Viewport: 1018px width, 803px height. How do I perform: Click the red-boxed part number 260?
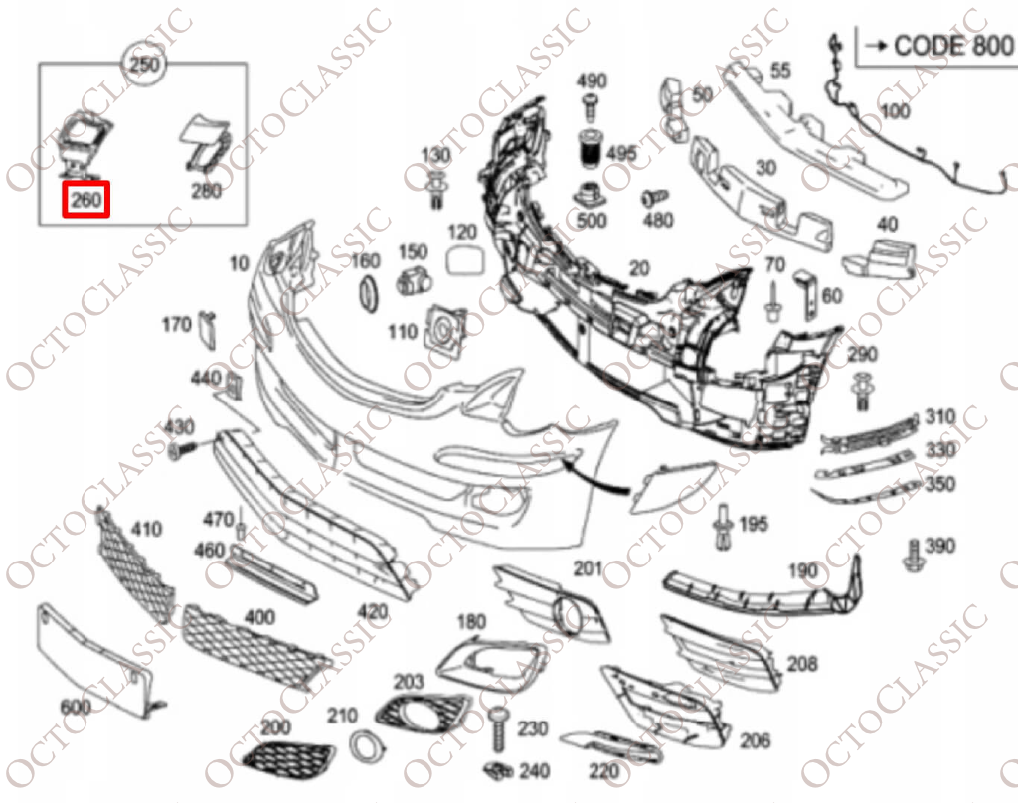click(x=86, y=200)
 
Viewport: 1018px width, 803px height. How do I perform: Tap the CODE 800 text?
click(x=953, y=45)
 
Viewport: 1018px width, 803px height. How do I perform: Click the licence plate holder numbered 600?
click(x=94, y=661)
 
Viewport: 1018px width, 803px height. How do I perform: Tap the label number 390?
click(x=939, y=545)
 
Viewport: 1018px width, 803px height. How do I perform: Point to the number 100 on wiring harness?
click(x=895, y=111)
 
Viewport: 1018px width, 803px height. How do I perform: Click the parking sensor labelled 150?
click(x=411, y=282)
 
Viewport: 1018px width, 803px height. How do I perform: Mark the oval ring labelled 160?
click(x=367, y=293)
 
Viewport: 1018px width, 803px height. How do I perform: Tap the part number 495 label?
click(x=621, y=153)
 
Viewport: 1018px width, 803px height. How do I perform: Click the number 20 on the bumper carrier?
click(x=640, y=267)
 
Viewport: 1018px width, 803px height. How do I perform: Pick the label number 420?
click(x=373, y=610)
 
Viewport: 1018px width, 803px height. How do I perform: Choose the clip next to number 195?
click(x=724, y=525)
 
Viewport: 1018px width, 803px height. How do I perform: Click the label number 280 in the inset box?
click(x=206, y=191)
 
